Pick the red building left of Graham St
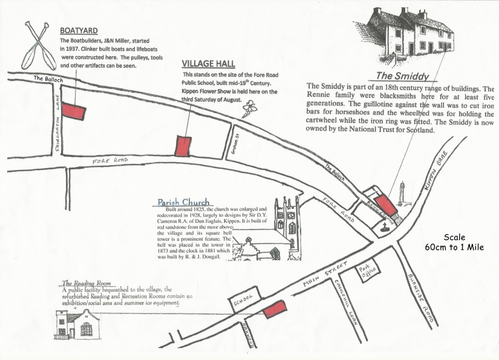(183, 146)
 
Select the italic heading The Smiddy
(402, 76)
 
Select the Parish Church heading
(183, 202)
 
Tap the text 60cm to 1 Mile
(454, 247)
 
